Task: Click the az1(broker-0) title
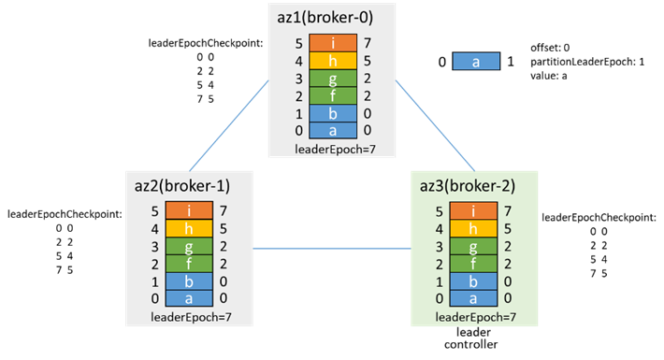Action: tap(325, 18)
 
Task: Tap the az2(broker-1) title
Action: tap(182, 186)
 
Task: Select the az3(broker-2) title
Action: tap(468, 186)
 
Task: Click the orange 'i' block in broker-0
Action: tap(333, 43)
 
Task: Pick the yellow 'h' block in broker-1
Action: tap(189, 229)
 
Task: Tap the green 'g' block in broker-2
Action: tap(473, 247)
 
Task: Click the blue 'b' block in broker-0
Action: tap(333, 113)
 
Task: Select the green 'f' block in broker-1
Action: tap(189, 264)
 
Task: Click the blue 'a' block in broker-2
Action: tap(473, 298)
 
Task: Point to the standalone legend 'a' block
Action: tap(476, 62)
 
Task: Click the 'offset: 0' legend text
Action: tap(550, 48)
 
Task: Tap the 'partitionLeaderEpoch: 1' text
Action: tap(587, 62)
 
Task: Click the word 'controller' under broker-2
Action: tap(471, 344)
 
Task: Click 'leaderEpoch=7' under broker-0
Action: tap(335, 149)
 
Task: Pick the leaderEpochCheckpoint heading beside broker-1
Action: tap(65, 214)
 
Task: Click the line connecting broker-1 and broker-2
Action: tap(332, 248)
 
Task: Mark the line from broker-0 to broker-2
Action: tap(435, 126)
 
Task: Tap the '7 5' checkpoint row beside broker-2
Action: tap(599, 273)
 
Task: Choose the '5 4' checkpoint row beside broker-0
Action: tap(205, 85)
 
